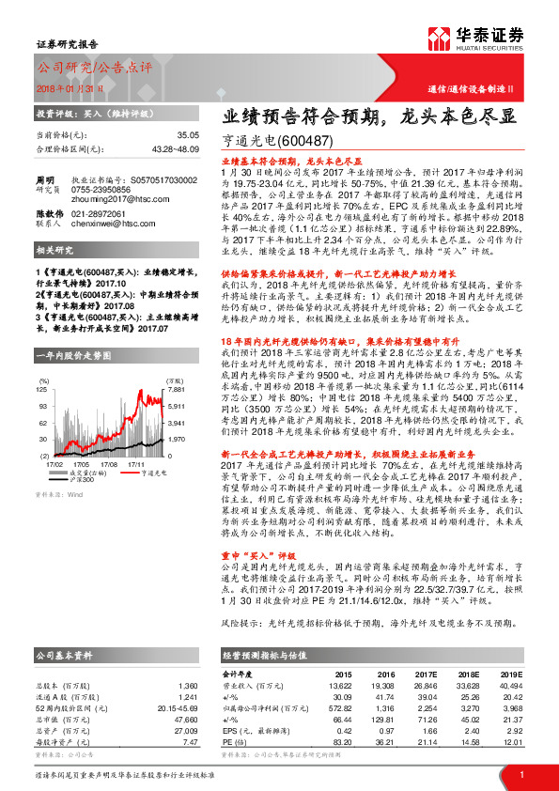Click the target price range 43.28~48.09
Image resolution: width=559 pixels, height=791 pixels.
(x=174, y=149)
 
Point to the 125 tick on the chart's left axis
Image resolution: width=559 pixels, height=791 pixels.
(x=43, y=388)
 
